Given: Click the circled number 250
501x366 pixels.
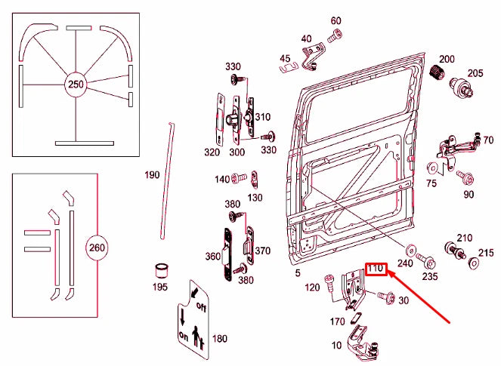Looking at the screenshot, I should (76, 84).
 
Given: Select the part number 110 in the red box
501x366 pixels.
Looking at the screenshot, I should (376, 268).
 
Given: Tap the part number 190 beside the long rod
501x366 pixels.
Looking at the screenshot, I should (153, 174).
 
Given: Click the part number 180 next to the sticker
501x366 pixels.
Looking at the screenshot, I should (219, 338).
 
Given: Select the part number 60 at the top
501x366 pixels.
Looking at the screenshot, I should (336, 20).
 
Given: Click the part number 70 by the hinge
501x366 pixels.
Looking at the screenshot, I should (488, 140).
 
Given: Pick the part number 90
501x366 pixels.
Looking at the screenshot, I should (469, 195).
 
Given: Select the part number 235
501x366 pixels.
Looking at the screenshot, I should (429, 277).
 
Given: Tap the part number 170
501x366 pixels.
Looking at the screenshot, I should (337, 321).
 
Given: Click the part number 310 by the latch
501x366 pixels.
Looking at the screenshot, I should (261, 117).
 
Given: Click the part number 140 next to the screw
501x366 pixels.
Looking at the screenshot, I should (221, 179).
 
